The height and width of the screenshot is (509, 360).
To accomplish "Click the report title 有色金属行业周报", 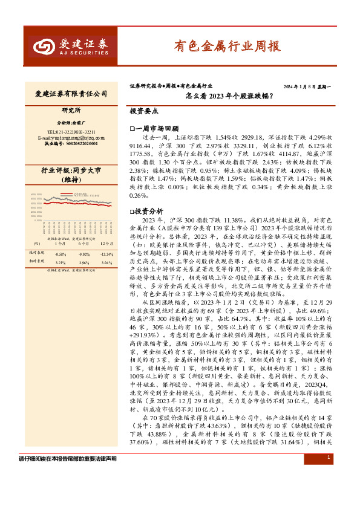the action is tap(227, 46).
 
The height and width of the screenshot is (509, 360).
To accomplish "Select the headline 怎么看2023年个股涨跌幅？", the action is tap(228, 96).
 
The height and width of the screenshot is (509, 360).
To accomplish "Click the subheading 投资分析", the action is tap(148, 212).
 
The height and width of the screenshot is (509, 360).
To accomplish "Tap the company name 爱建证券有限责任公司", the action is tap(71, 94).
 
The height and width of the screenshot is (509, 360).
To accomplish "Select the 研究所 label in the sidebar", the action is tap(71, 111).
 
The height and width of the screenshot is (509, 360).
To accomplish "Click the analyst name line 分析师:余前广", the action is tap(71, 122).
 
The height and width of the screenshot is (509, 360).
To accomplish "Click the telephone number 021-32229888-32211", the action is tap(71, 131).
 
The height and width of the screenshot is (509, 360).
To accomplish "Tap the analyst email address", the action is tap(71, 137).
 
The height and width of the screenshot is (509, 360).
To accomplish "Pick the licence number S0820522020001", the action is tap(71, 144).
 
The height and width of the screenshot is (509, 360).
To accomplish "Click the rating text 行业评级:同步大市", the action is tap(71, 171).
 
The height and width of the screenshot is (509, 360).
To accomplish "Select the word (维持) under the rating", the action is tap(71, 180).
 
